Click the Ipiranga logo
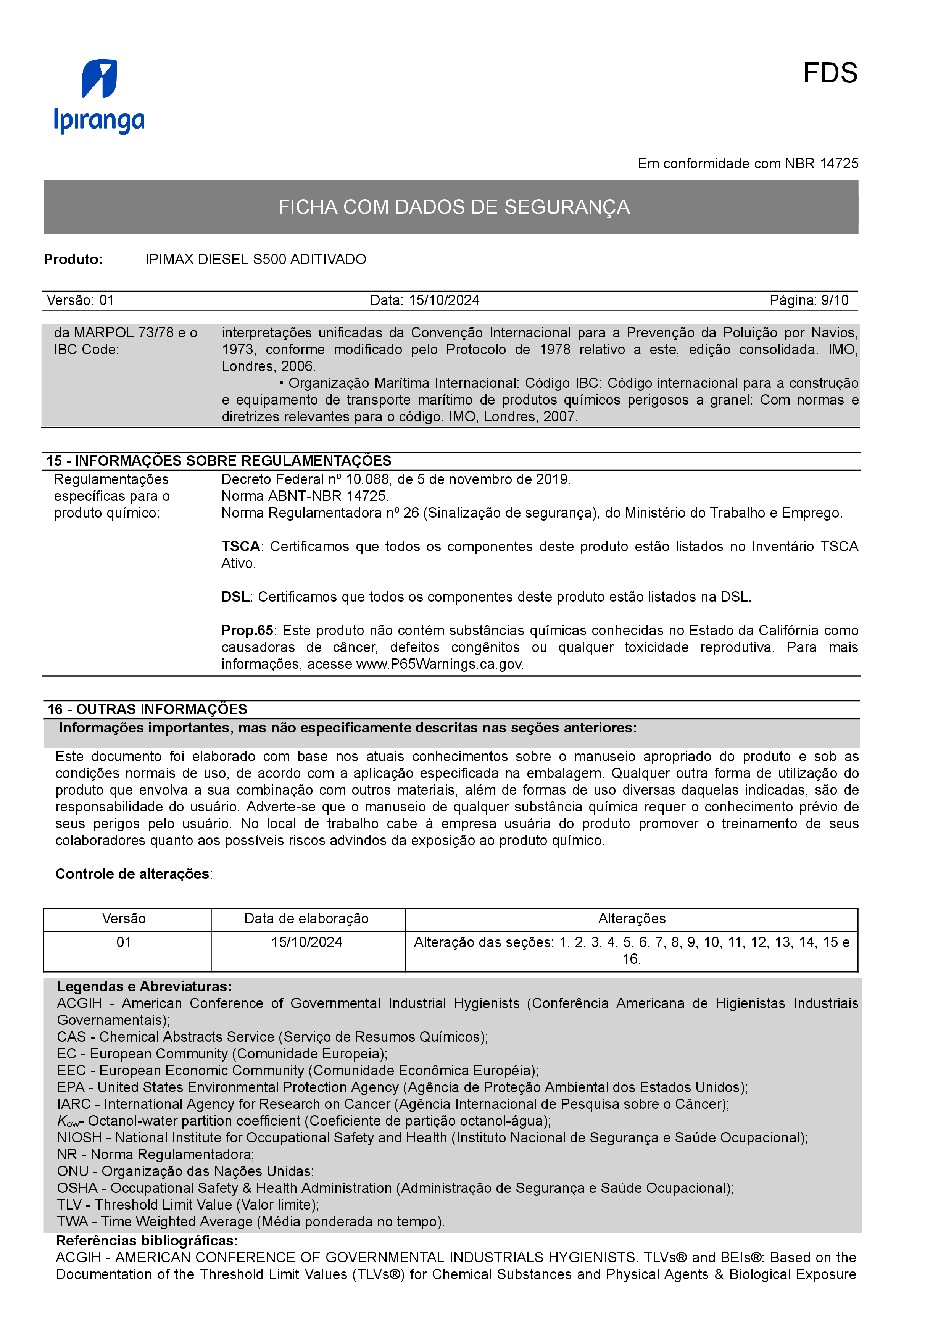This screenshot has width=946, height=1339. coord(99,96)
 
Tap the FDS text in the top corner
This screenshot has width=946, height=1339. coord(830,74)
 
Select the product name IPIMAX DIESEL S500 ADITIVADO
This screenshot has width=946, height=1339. coord(256,260)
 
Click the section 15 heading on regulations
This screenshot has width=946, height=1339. coord(219,461)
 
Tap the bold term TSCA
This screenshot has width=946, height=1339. coord(240,547)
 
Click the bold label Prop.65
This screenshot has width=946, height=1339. coord(247,631)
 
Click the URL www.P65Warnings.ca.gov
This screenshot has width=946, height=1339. coord(440,664)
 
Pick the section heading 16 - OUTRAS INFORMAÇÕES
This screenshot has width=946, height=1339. coord(147,709)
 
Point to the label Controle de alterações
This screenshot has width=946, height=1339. coord(132,874)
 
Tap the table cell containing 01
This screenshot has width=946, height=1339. coord(124,942)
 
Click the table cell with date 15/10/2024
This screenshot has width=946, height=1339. coord(306,942)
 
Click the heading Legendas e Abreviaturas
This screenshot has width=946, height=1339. coord(144,986)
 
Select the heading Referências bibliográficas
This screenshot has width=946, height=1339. coord(147,1241)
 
